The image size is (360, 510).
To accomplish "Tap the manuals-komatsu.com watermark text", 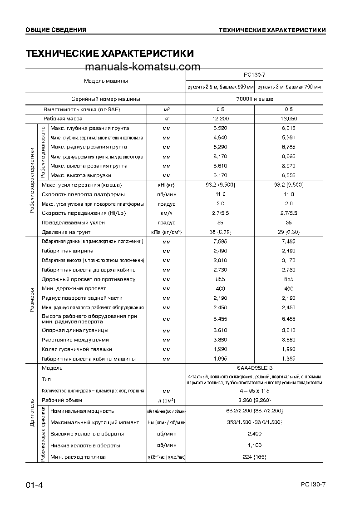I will pos(142,67).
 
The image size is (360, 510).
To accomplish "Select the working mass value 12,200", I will pos(220,119).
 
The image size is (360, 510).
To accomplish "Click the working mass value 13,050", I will pos(288,119).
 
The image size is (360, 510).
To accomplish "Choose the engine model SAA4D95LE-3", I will pos(255,368).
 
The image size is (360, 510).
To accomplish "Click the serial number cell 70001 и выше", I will pos(255,99).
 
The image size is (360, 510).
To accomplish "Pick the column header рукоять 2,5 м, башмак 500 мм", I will pos(220,87).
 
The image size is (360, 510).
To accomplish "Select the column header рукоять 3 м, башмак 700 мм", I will pos(289,87).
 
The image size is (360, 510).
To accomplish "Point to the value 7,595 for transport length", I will pos(220,241).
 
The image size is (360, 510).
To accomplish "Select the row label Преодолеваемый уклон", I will pos(73,223).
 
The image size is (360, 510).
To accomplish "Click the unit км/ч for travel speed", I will pos(166,213).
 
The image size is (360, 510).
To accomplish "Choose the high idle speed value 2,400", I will pos(255,434).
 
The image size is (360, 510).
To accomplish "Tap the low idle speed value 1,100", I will pos(255,446).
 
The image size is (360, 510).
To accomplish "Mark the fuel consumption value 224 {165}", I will pos(255,457).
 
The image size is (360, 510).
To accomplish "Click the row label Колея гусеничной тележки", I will pos(77,349).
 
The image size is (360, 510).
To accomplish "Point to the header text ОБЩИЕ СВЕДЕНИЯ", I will pos(55,30).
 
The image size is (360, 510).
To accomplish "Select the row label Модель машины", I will pos(106,81).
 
